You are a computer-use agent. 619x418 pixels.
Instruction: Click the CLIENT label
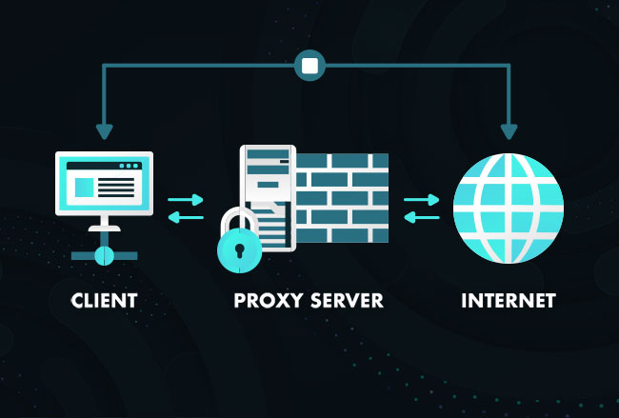104,301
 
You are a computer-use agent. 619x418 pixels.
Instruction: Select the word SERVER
348,301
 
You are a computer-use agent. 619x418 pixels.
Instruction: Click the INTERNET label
509,301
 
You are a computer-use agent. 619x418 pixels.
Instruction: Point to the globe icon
509,209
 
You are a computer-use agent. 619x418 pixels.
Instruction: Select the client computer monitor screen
104,181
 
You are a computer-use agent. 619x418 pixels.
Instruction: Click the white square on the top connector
309,66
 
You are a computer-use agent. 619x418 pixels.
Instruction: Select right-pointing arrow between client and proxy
187,200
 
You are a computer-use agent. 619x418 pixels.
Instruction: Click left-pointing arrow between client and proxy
187,217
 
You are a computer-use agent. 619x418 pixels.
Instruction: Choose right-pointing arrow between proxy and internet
422,200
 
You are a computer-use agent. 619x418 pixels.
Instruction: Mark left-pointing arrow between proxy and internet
422,217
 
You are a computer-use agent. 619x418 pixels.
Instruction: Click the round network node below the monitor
104,255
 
